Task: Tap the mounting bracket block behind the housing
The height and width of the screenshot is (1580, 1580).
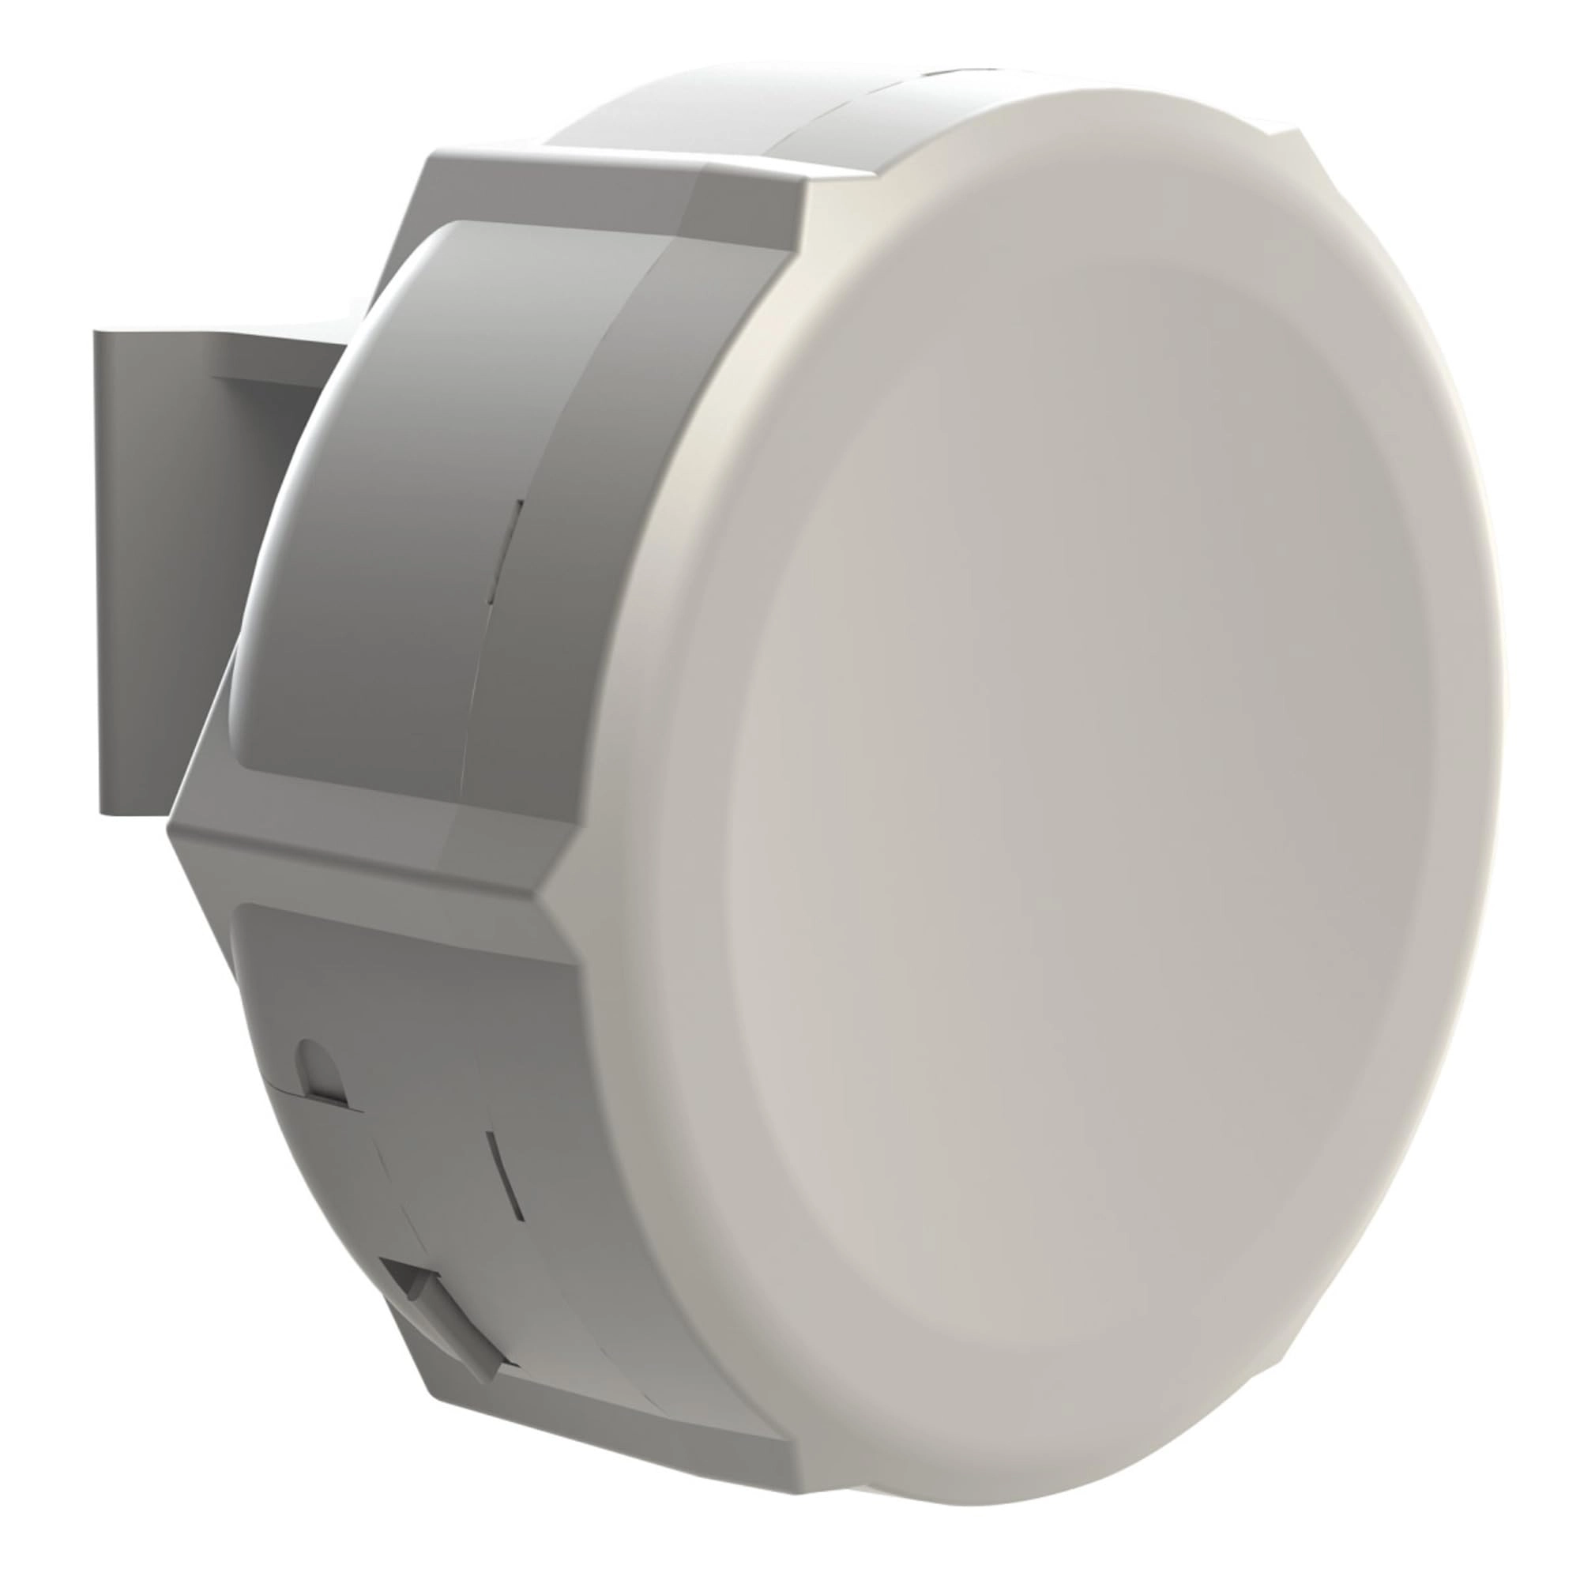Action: click(x=164, y=573)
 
